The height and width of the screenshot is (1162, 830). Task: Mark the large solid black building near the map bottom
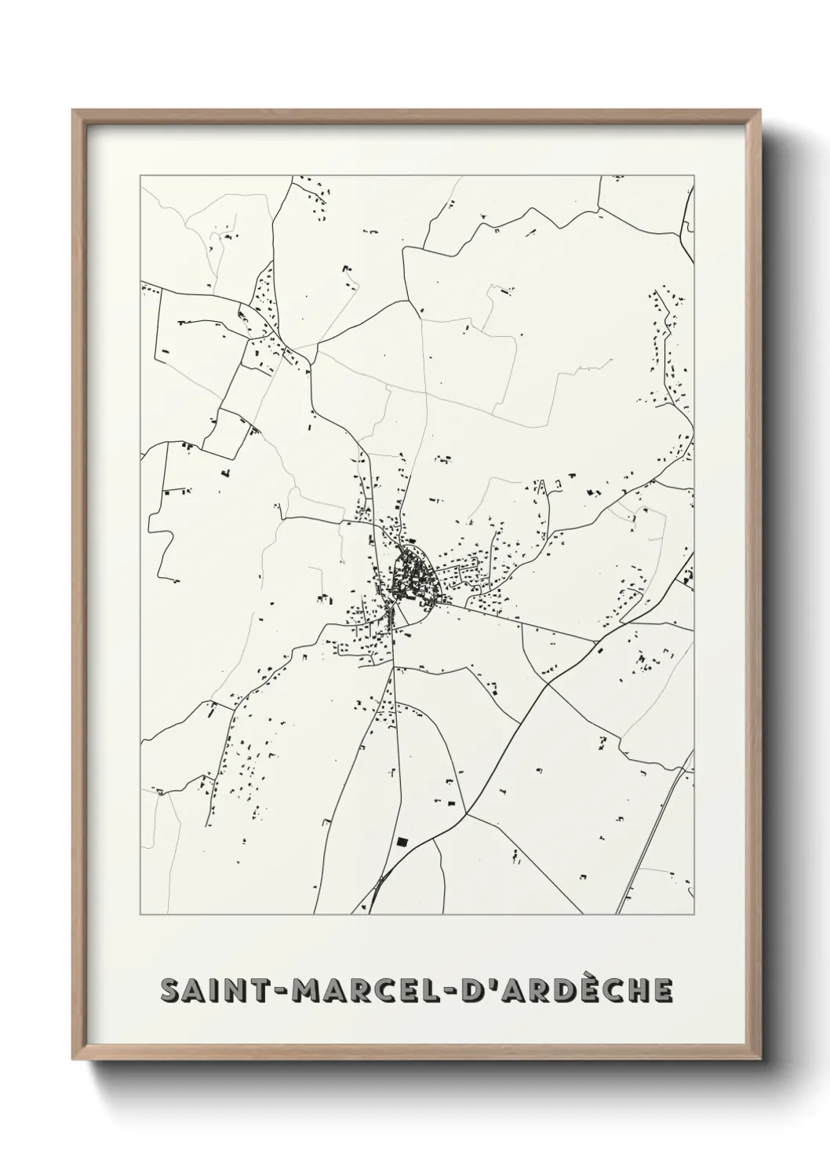pyautogui.click(x=402, y=842)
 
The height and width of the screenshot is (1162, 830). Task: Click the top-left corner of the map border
pyautogui.click(x=140, y=176)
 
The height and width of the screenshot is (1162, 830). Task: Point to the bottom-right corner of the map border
pyautogui.click(x=695, y=915)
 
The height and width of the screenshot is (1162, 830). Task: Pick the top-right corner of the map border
pyautogui.click(x=695, y=176)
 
